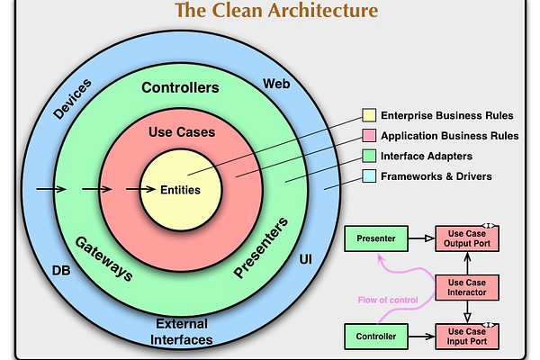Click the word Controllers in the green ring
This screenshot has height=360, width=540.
(x=180, y=88)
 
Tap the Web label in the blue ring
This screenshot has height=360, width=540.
(x=275, y=84)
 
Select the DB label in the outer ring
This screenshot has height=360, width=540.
(x=62, y=270)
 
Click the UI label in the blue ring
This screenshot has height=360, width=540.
(x=305, y=259)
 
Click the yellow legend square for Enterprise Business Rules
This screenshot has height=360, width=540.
(x=369, y=115)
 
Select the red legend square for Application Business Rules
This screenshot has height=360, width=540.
(x=369, y=136)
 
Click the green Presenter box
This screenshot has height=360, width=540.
(x=374, y=239)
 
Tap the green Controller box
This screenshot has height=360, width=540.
(x=374, y=337)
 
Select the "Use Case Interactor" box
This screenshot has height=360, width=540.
(x=466, y=288)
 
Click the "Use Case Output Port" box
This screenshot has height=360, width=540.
(x=466, y=238)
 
